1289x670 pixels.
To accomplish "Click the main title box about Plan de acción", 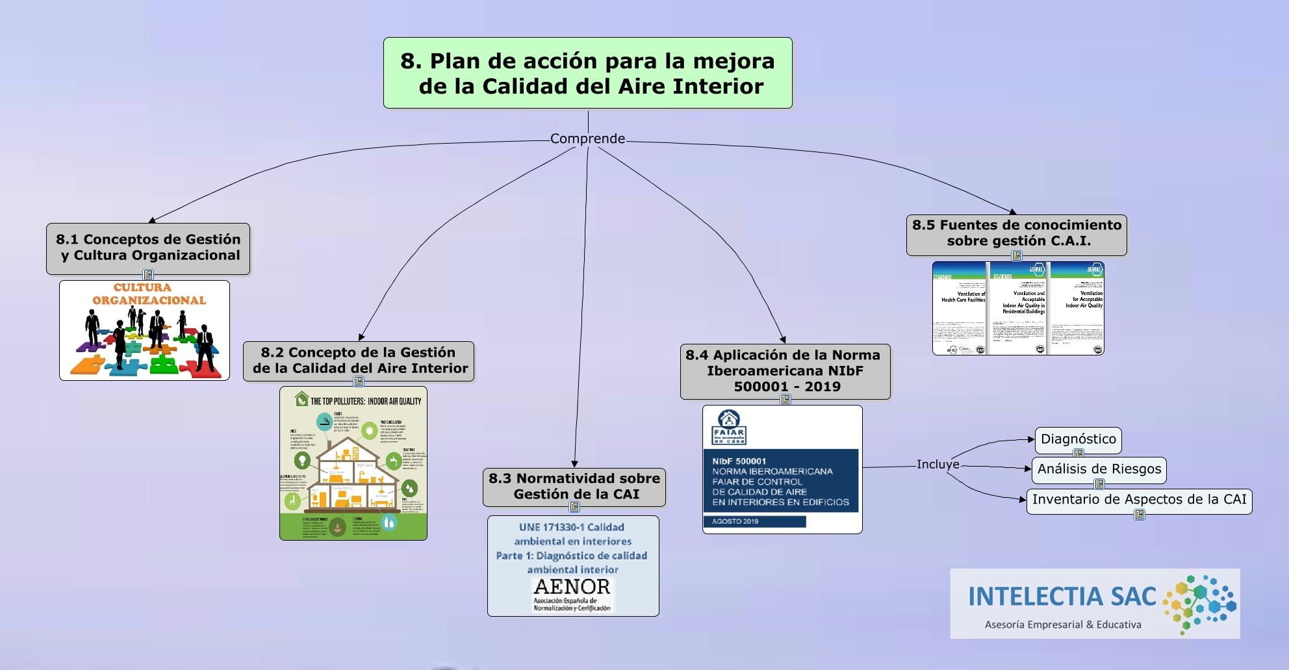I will coord(587,73).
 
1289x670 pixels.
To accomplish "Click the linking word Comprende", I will coord(587,138).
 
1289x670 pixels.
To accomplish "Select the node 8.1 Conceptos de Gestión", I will coord(148,248).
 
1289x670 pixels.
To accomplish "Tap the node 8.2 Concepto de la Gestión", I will coord(359,361).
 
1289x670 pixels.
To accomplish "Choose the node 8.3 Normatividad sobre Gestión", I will coord(574,486).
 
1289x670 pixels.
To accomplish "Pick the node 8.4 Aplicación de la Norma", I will coord(785,370).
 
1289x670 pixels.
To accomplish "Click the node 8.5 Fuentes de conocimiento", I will coord(1016,233).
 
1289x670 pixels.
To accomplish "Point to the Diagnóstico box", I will coord(1078,439).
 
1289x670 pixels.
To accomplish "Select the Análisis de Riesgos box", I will coord(1099,469).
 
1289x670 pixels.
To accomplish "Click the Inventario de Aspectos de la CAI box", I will coord(1139,500).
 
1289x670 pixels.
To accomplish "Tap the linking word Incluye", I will coord(938,465).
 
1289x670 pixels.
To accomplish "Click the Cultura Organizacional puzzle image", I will coord(144,330).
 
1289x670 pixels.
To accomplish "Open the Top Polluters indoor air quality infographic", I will coord(353,463).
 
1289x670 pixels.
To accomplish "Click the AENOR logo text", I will coord(572,587).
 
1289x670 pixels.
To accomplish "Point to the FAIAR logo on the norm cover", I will coord(729,427).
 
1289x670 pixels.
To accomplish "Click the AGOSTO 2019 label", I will coord(735,521).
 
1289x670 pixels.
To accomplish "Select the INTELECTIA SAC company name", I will coord(1062,597).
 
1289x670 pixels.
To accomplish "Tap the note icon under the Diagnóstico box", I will coord(1078,454).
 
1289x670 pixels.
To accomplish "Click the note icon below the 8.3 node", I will coord(574,507).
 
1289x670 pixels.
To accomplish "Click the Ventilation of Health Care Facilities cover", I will coord(960,309).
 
